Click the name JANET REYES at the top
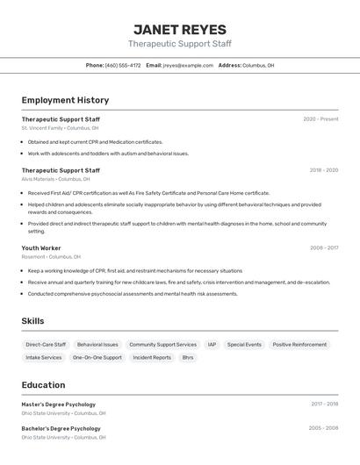coord(179,30)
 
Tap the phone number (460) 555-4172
coord(123,65)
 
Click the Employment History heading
coord(65,100)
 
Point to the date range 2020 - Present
coord(320,118)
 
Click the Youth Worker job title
coord(41,248)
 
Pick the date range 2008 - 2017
coord(323,248)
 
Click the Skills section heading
coord(32,321)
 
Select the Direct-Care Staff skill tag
coord(46,345)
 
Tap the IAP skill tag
coord(212,345)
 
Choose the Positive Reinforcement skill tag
coord(299,345)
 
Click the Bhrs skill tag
coord(188,358)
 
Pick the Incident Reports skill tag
coord(152,358)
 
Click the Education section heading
coord(43,385)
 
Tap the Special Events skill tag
coord(244,345)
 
